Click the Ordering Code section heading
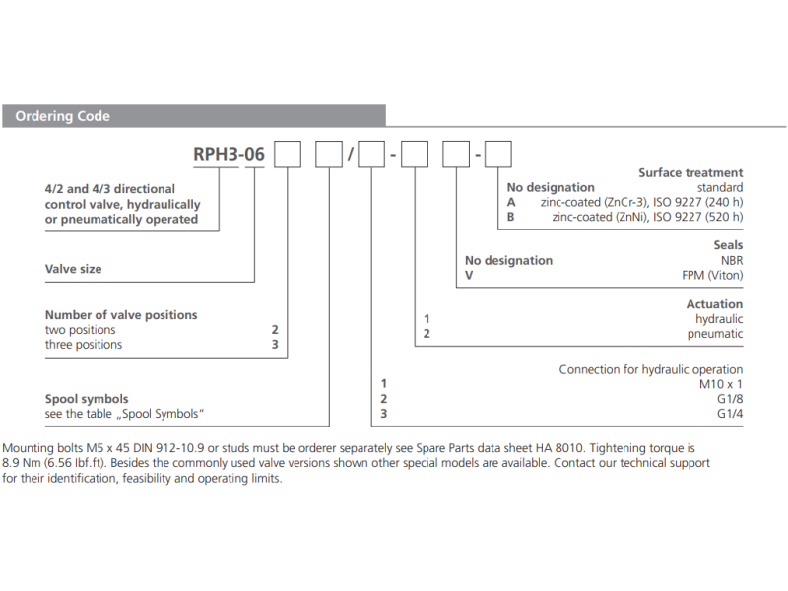[62, 116]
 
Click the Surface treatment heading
[690, 172]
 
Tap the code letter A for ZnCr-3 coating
[510, 201]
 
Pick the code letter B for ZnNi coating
[510, 216]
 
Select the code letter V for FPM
[469, 275]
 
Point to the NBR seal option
[730, 260]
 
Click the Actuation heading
[714, 304]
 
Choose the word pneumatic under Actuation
[715, 334]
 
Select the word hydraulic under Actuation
[719, 319]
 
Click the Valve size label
[73, 268]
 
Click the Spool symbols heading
[87, 399]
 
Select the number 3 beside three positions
[275, 345]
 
